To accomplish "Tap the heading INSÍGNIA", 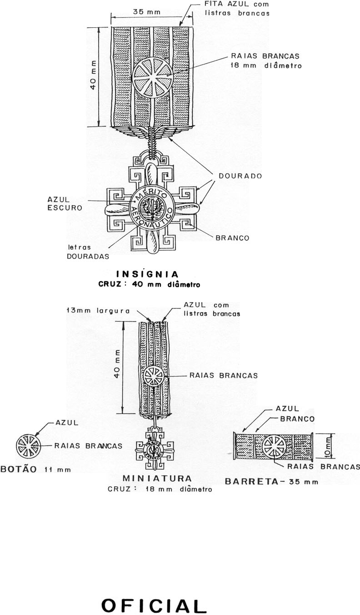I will tap(148, 274).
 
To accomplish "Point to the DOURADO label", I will tap(239, 176).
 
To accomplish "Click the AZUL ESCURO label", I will tap(65, 204).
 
